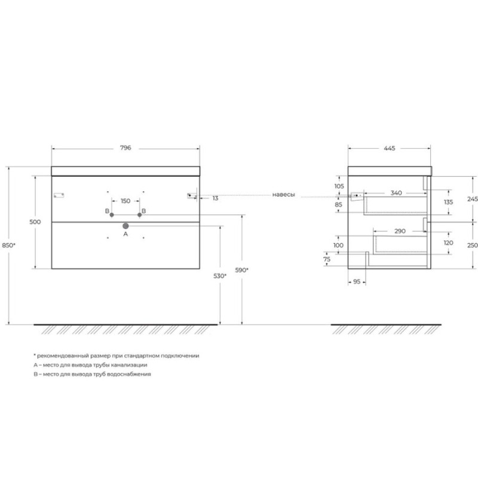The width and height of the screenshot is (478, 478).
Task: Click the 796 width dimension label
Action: pos(125,148)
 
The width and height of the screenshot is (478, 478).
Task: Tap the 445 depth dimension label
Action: pos(390,148)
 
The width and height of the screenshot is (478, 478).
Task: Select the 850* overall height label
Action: pos(8,245)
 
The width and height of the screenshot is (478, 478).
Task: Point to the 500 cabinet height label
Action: pos(35,222)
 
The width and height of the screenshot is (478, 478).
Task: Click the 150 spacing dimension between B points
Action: pos(125,201)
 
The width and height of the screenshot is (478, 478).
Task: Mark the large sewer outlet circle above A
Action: pos(125,226)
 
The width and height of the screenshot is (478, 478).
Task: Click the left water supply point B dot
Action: pos(112,215)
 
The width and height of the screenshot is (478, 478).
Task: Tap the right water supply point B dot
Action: pos(140,215)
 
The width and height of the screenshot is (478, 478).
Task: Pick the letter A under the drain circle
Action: pos(125,234)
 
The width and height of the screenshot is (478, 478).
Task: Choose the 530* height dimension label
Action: pos(220,276)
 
